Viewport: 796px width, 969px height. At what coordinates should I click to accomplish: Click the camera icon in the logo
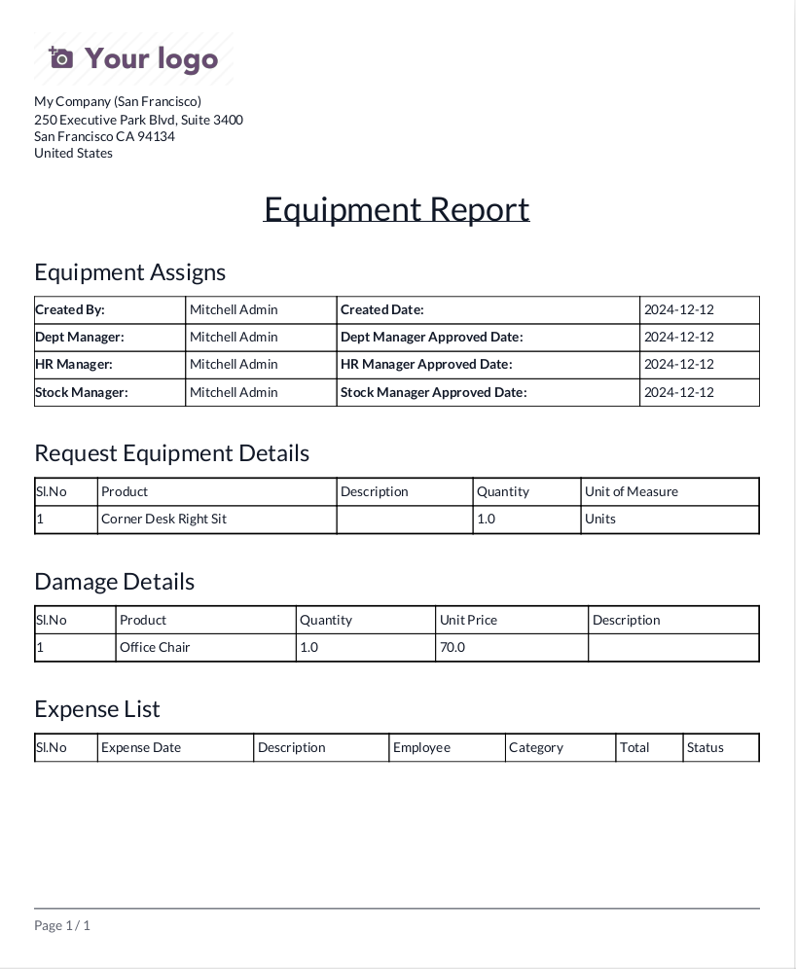coord(61,58)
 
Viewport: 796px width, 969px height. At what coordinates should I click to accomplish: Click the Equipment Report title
coord(396,209)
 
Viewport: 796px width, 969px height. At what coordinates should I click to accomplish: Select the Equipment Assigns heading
coord(129,272)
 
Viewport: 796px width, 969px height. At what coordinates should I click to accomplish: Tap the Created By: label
coord(70,309)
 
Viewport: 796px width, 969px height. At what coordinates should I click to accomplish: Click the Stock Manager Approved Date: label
coord(433,392)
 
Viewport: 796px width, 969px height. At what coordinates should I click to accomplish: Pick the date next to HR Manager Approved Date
coord(679,364)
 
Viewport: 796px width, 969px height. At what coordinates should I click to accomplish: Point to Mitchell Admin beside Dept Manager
coord(234,337)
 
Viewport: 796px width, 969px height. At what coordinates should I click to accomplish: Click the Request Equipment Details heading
coord(171,453)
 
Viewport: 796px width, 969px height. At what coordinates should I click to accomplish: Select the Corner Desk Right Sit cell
coord(163,519)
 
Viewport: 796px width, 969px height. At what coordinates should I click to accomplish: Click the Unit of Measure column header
coord(631,491)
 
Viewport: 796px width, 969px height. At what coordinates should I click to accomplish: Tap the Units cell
coord(599,519)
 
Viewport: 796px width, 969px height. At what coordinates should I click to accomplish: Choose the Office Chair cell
coord(155,647)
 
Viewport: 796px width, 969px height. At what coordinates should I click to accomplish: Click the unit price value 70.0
coord(452,647)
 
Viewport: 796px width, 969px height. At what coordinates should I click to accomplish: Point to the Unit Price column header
coord(468,620)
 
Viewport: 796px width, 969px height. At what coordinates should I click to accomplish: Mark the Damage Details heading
coord(114,582)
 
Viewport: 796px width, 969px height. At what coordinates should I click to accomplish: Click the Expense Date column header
coord(141,747)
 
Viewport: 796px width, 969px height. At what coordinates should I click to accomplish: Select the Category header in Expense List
coord(535,747)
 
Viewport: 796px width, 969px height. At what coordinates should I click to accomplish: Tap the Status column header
coord(705,747)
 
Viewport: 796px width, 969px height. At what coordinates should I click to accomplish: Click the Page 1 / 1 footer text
coord(62,925)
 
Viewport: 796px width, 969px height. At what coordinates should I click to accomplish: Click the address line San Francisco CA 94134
coord(104,136)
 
